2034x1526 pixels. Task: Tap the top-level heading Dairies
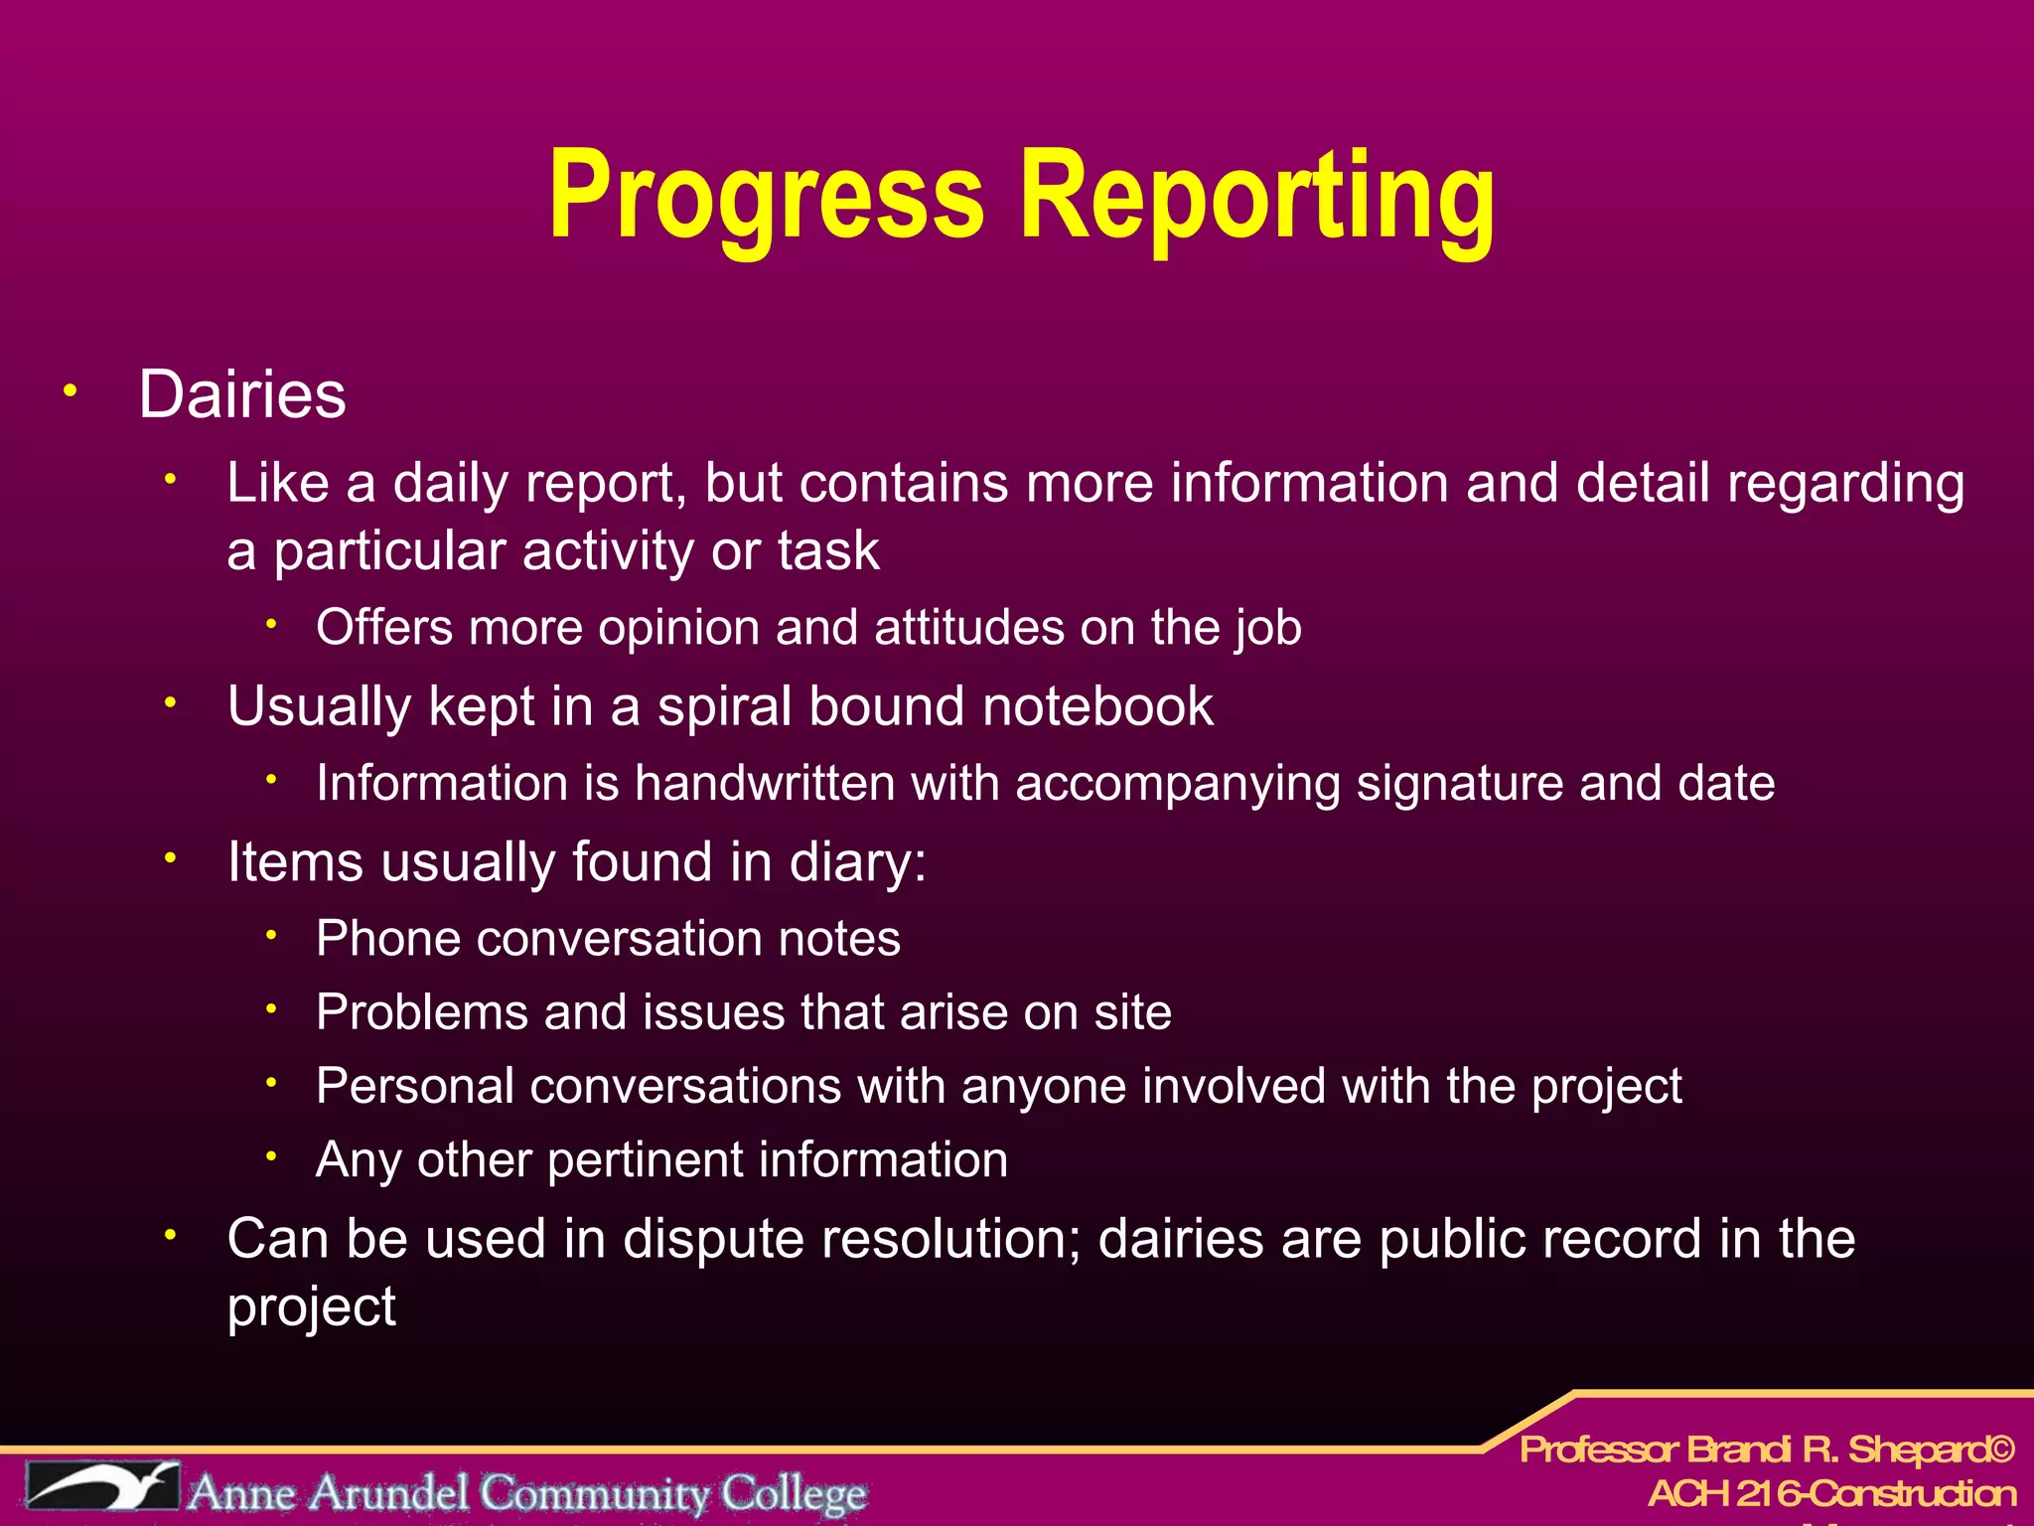242,394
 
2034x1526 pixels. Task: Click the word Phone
388,939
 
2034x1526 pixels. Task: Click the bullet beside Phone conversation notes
271,935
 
